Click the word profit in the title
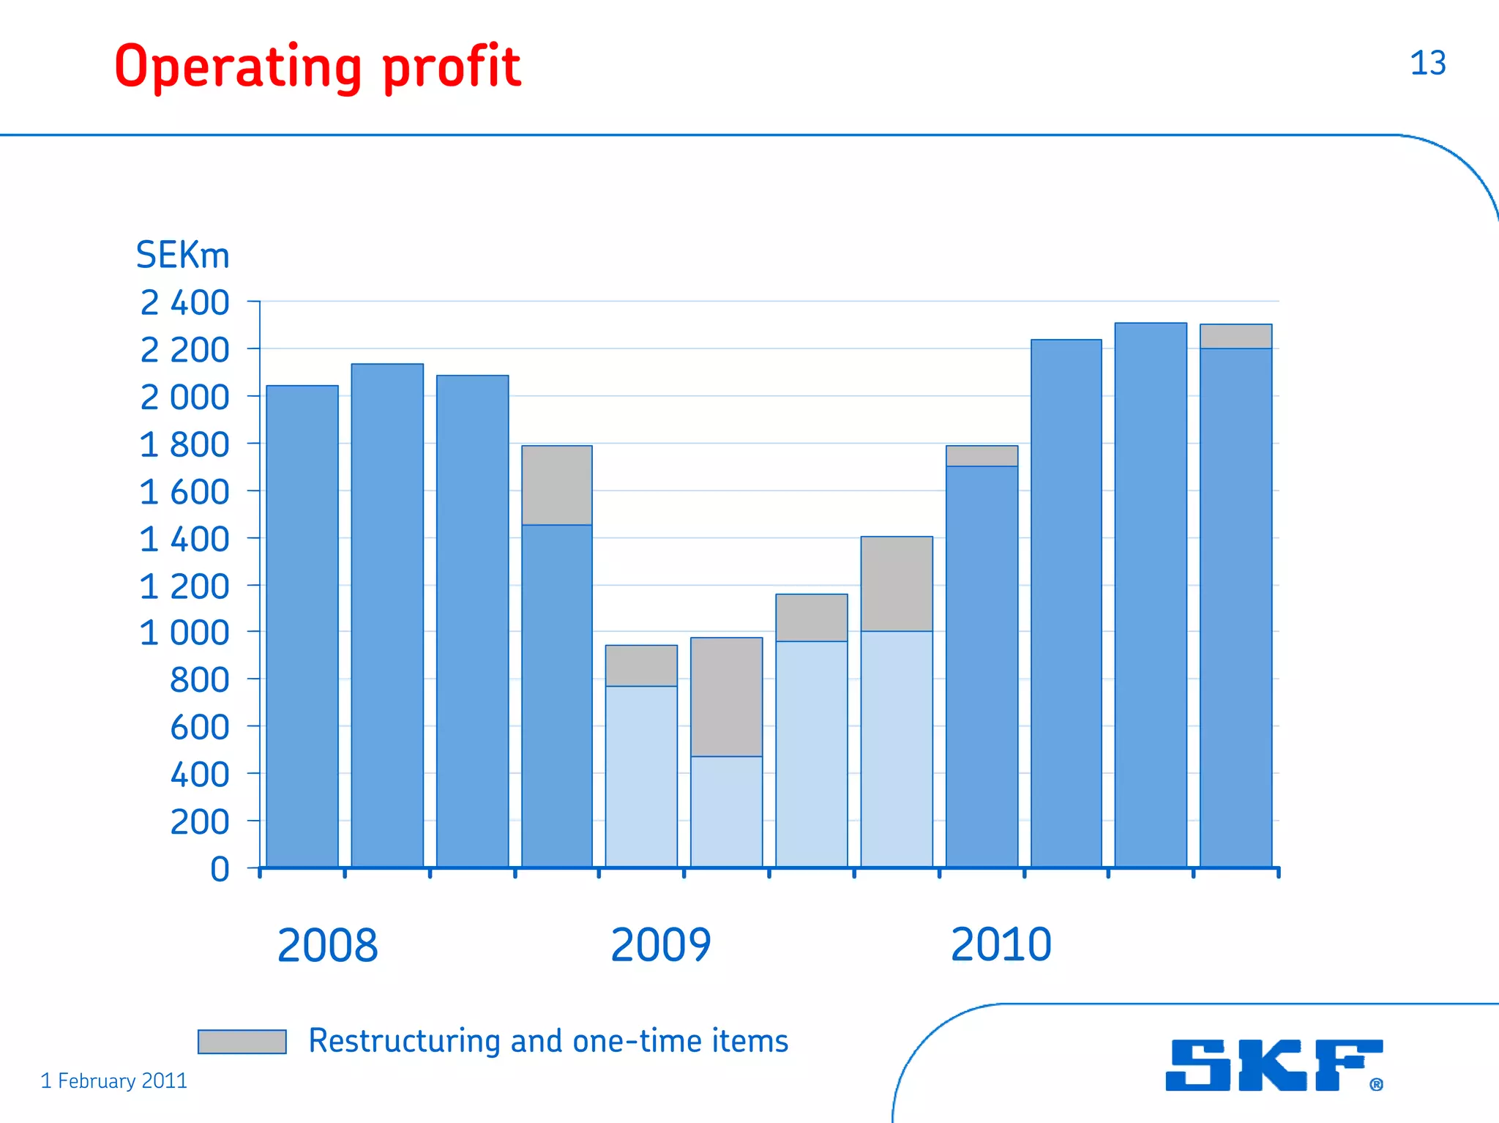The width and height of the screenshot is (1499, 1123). point(451,67)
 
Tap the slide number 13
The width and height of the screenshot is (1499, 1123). point(1427,64)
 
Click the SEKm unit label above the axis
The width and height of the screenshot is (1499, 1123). point(183,255)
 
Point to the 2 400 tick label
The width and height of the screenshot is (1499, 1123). point(184,303)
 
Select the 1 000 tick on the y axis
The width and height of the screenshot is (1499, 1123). point(184,633)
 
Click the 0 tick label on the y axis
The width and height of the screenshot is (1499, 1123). point(220,870)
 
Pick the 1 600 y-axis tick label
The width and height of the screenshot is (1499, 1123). point(184,492)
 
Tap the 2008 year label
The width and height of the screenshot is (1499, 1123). point(327,945)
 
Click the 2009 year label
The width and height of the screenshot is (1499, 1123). point(660,945)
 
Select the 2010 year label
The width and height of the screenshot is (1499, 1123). point(1001,944)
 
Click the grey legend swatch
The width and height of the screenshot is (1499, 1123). point(242,1041)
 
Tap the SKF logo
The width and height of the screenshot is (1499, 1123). point(1274,1065)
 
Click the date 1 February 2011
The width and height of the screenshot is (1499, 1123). point(113,1081)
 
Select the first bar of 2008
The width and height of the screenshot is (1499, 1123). point(302,626)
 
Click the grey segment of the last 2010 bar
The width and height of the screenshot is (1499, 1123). point(1236,336)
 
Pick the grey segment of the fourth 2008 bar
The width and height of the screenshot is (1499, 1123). point(557,485)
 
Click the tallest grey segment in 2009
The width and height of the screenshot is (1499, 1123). point(726,697)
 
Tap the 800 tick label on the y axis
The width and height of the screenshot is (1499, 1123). point(199,681)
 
